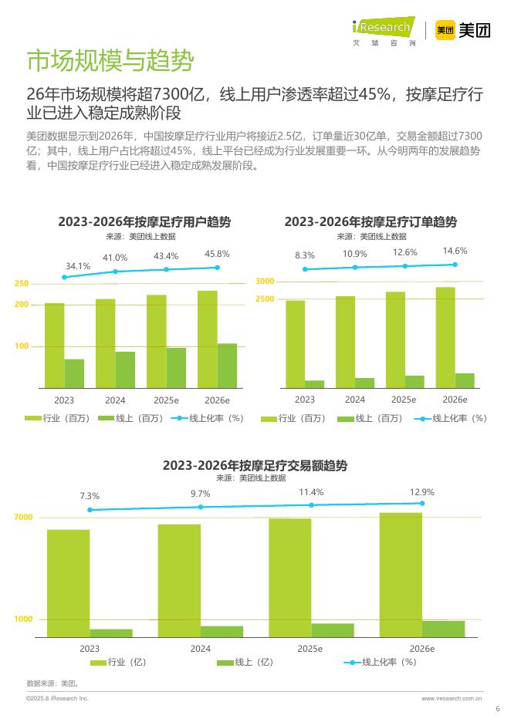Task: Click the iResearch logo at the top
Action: click(383, 29)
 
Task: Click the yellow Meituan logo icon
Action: click(444, 30)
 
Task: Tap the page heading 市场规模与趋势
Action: click(110, 60)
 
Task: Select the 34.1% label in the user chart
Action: click(78, 266)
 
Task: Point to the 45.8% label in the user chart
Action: click(217, 254)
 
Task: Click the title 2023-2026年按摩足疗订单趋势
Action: click(371, 222)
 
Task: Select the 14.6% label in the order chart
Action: click(455, 251)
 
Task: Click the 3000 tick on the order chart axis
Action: click(265, 282)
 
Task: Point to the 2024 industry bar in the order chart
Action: click(345, 341)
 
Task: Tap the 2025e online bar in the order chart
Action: click(415, 381)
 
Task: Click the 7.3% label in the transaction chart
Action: click(90, 496)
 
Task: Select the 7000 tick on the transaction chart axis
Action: click(24, 518)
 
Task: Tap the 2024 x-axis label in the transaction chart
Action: click(200, 649)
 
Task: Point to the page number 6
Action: click(497, 710)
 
